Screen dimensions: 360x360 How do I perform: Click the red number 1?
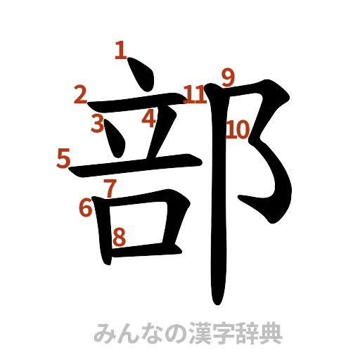pyautogui.click(x=120, y=50)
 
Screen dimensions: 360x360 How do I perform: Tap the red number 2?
pyautogui.click(x=81, y=94)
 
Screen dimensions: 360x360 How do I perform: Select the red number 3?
pyautogui.click(x=98, y=124)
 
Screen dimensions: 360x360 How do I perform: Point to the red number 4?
pyautogui.click(x=148, y=117)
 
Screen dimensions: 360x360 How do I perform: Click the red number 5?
pyautogui.click(x=64, y=158)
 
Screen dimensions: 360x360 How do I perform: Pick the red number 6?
pyautogui.click(x=86, y=207)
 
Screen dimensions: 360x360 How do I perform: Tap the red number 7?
pyautogui.click(x=109, y=187)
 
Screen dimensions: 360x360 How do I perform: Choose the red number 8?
pyautogui.click(x=120, y=237)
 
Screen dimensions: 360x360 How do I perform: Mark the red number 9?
pyautogui.click(x=226, y=77)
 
